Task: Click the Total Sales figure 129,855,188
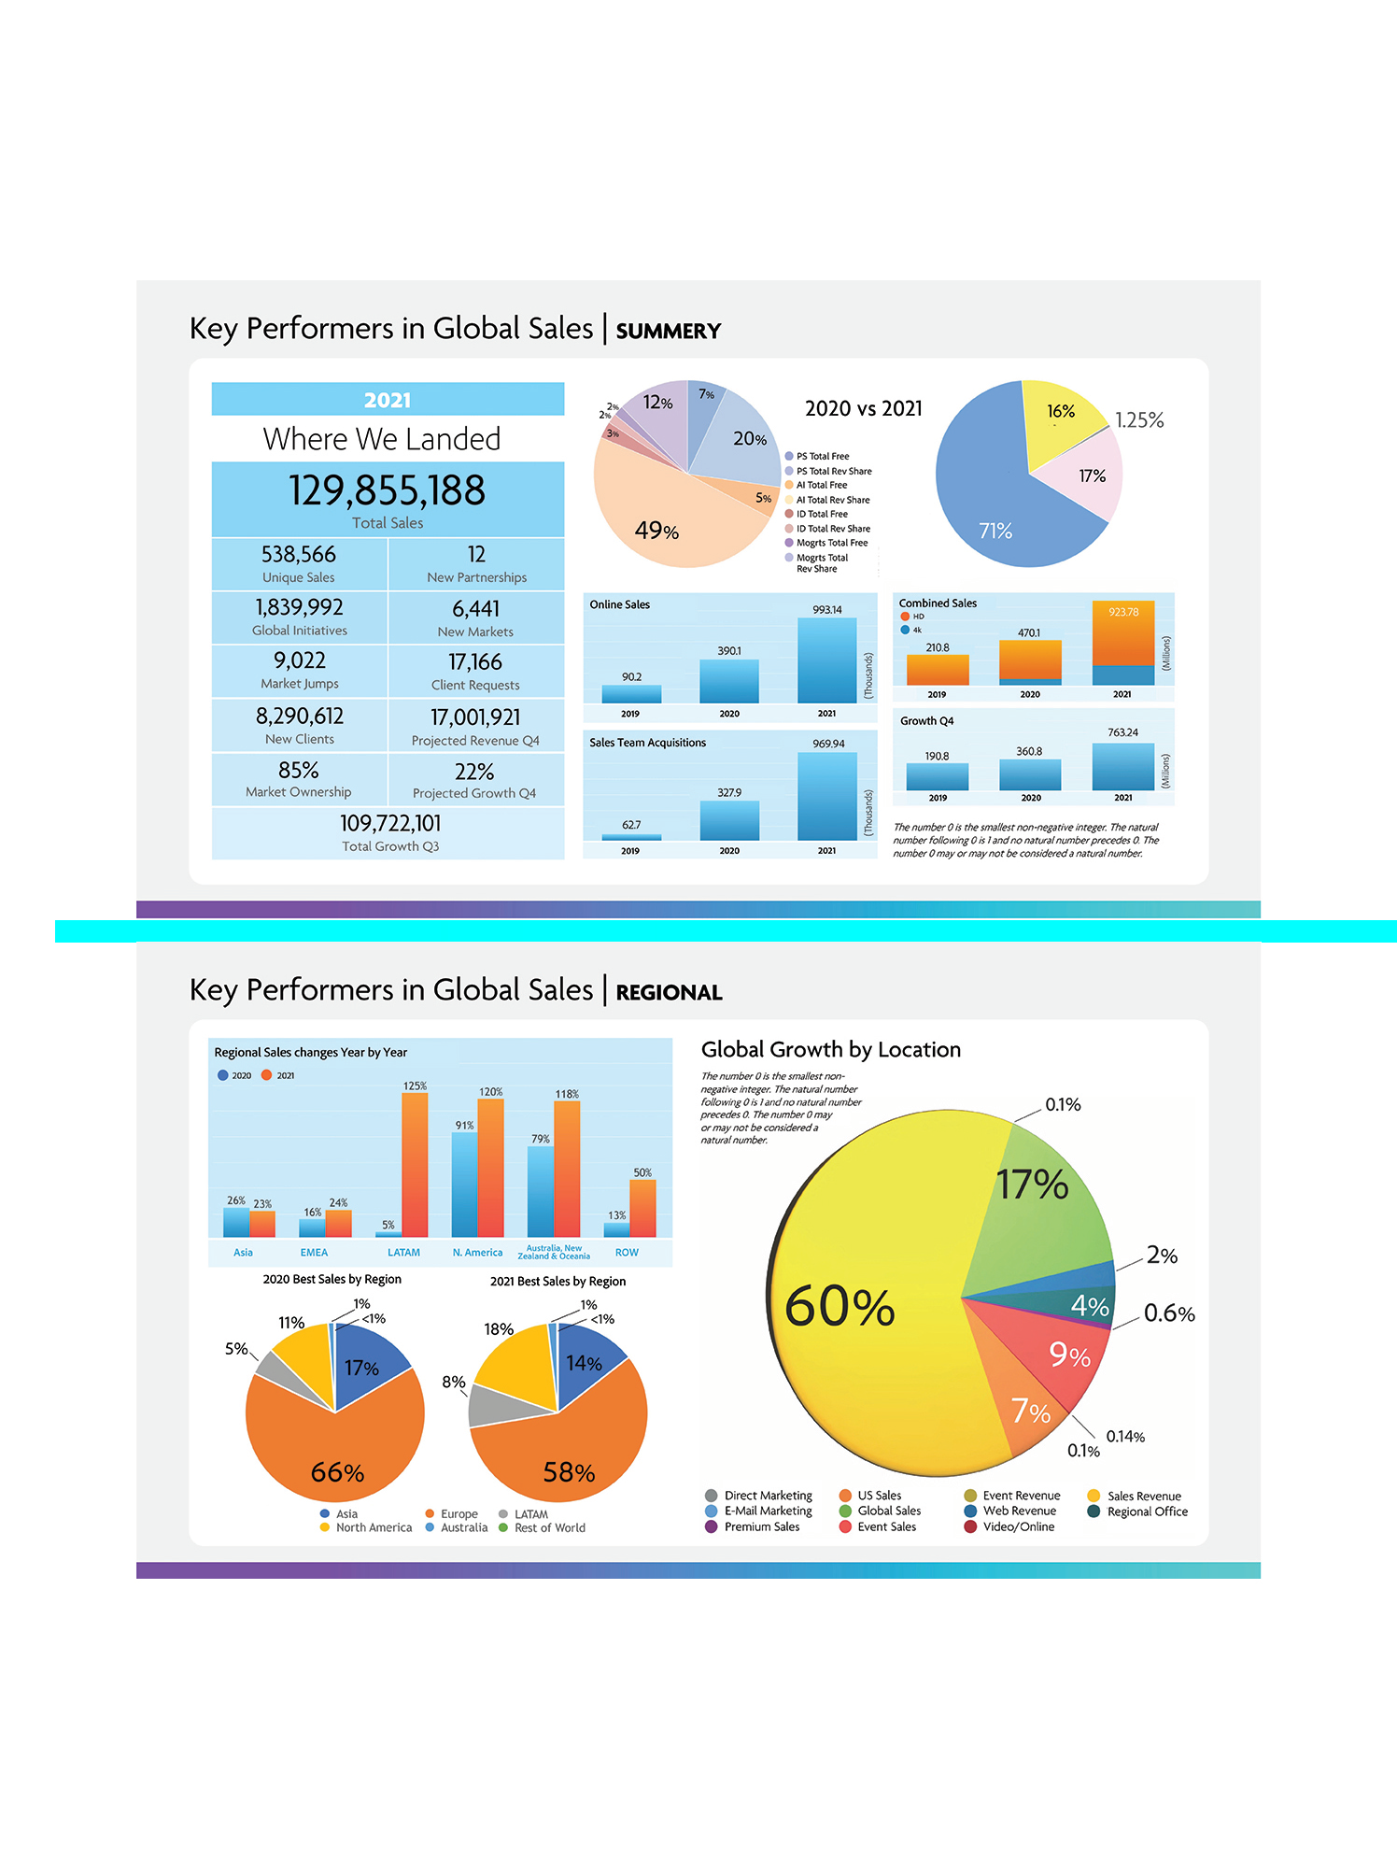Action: pyautogui.click(x=387, y=490)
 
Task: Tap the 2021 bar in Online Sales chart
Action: pyautogui.click(x=826, y=660)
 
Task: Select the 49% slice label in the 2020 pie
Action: pyautogui.click(x=656, y=531)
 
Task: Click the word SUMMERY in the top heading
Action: pyautogui.click(x=669, y=331)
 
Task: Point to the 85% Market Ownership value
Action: pyautogui.click(x=299, y=771)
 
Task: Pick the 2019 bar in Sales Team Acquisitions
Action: pyautogui.click(x=631, y=837)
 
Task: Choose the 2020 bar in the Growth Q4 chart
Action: pyautogui.click(x=1029, y=775)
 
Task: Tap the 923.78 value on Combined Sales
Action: pyautogui.click(x=1123, y=612)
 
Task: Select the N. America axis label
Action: pyautogui.click(x=477, y=1253)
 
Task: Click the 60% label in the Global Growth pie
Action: pyautogui.click(x=840, y=1306)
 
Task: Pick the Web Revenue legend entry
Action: pyautogui.click(x=1019, y=1511)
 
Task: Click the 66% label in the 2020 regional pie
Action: pyautogui.click(x=337, y=1472)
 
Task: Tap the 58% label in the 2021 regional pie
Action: pyautogui.click(x=569, y=1472)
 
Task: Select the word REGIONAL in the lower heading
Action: pyautogui.click(x=669, y=992)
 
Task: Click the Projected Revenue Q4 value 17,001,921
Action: pyautogui.click(x=475, y=717)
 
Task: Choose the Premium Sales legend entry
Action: pyautogui.click(x=761, y=1526)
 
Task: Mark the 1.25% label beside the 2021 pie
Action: pyautogui.click(x=1139, y=420)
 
